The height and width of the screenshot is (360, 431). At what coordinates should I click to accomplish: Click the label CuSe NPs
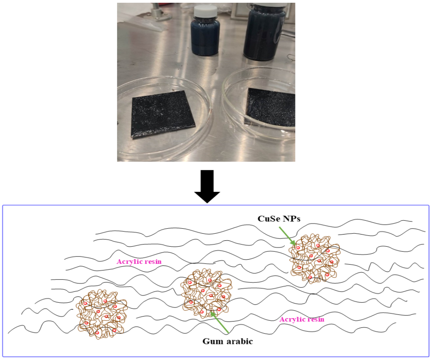(x=279, y=218)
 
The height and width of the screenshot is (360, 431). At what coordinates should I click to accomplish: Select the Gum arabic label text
(x=228, y=341)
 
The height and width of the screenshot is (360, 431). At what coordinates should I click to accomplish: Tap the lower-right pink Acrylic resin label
(x=302, y=319)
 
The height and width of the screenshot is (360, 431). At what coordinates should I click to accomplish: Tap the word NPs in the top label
(x=292, y=218)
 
